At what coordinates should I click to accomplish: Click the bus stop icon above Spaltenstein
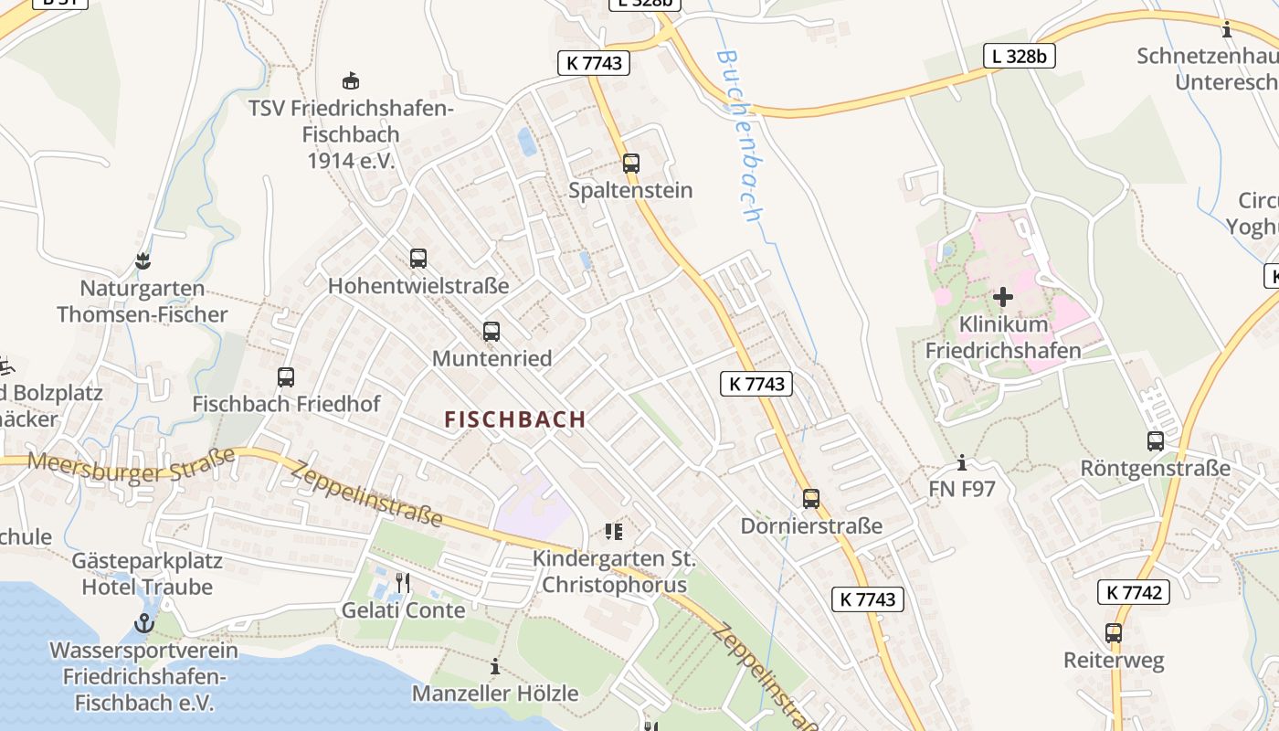pyautogui.click(x=630, y=164)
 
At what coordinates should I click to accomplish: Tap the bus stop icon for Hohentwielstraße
pyautogui.click(x=418, y=259)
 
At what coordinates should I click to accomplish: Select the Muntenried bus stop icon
pyautogui.click(x=492, y=332)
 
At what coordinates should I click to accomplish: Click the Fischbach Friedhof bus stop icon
pyautogui.click(x=286, y=376)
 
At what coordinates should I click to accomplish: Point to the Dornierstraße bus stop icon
pyautogui.click(x=811, y=499)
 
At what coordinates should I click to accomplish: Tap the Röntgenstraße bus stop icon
pyautogui.click(x=1156, y=441)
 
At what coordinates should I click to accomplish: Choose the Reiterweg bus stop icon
pyautogui.click(x=1114, y=633)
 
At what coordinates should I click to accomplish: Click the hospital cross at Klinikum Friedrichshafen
pyautogui.click(x=1003, y=297)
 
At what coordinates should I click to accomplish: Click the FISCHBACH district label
pyautogui.click(x=515, y=419)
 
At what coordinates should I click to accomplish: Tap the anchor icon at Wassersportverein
pyautogui.click(x=143, y=624)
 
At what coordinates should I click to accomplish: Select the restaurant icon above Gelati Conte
pyautogui.click(x=403, y=582)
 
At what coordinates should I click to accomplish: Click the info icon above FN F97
pyautogui.click(x=961, y=462)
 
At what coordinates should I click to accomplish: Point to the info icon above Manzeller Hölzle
pyautogui.click(x=495, y=666)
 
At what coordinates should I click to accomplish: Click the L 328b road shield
pyautogui.click(x=1020, y=56)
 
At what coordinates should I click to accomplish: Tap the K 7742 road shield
pyautogui.click(x=1133, y=592)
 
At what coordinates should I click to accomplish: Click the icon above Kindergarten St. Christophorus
pyautogui.click(x=613, y=531)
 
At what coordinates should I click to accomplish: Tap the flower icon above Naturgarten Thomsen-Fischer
pyautogui.click(x=142, y=261)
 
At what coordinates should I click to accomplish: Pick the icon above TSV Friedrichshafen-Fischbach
pyautogui.click(x=350, y=80)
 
